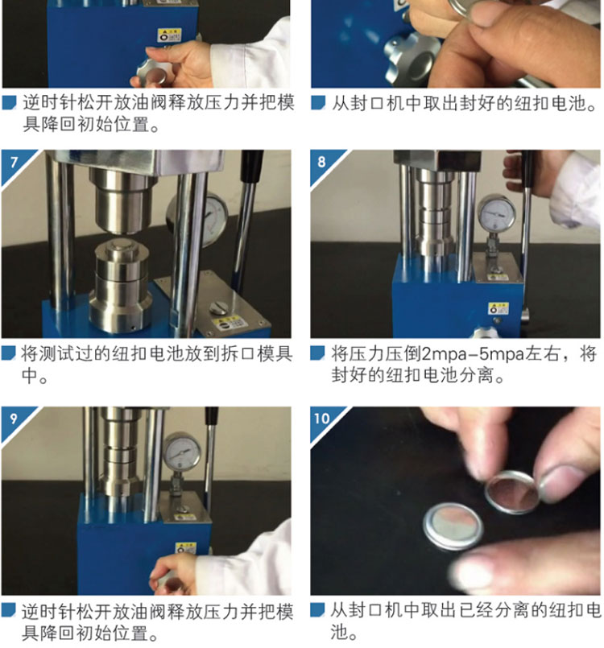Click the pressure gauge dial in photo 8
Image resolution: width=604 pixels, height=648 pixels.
[496, 214]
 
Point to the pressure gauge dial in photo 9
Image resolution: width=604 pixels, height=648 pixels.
[181, 451]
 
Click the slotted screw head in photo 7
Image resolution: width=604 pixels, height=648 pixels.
[218, 307]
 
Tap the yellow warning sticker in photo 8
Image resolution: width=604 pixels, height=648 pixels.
[499, 308]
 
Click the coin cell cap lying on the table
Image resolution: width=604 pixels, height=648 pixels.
[453, 526]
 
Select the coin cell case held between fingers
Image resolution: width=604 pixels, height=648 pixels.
[513, 492]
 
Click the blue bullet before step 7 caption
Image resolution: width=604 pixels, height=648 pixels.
[8, 353]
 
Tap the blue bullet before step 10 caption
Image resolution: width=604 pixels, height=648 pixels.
[317, 610]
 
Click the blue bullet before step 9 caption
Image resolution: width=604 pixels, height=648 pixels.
[8, 610]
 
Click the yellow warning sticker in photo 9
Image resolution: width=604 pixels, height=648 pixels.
[185, 548]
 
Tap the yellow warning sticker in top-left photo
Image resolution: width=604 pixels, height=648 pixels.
[169, 35]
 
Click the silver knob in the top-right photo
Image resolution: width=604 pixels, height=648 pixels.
[412, 59]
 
